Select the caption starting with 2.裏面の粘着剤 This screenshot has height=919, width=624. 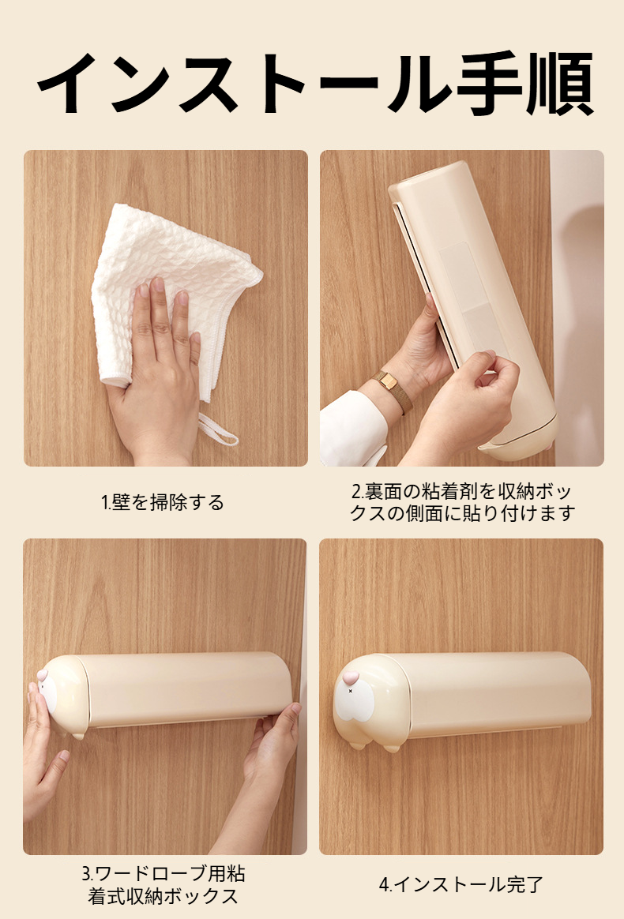[x=462, y=502]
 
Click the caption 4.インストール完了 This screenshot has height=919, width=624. [x=461, y=884]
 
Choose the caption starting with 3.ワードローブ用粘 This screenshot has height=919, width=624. [x=163, y=884]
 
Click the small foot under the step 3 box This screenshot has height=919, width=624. [x=77, y=735]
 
